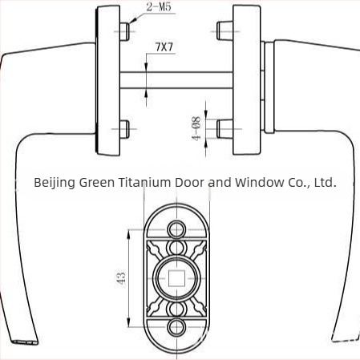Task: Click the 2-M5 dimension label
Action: click(x=159, y=6)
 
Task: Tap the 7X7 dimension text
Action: click(x=164, y=47)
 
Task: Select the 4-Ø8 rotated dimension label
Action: click(x=196, y=128)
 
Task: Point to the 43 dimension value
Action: click(x=121, y=278)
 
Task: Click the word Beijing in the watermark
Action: click(x=55, y=183)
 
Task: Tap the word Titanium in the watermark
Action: click(x=144, y=182)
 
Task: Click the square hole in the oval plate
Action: click(x=176, y=278)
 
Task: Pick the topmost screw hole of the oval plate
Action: click(x=176, y=229)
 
